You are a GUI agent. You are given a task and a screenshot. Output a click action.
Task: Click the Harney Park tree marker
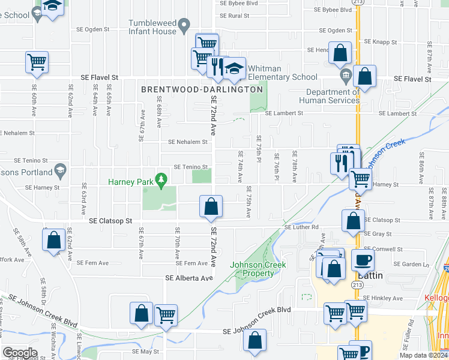pos(160,179)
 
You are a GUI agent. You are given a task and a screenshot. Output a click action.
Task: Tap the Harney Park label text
pos(130,182)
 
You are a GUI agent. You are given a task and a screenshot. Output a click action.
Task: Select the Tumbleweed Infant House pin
pos(184,25)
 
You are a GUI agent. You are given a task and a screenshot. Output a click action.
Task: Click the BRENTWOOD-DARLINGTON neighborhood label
pos(202,89)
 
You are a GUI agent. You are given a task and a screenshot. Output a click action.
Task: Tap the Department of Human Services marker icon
pos(345,76)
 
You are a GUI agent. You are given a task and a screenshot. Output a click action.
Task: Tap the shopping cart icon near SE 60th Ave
pos(37,61)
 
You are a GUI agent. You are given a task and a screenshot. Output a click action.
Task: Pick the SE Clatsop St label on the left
pos(110,221)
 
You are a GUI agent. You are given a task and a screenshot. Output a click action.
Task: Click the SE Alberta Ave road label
pos(189,278)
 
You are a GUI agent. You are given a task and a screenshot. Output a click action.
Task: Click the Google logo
pos(20,353)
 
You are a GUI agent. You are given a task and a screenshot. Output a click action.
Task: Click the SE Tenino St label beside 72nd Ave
pos(190,167)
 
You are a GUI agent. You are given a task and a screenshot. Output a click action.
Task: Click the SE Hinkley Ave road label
pos(384,298)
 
